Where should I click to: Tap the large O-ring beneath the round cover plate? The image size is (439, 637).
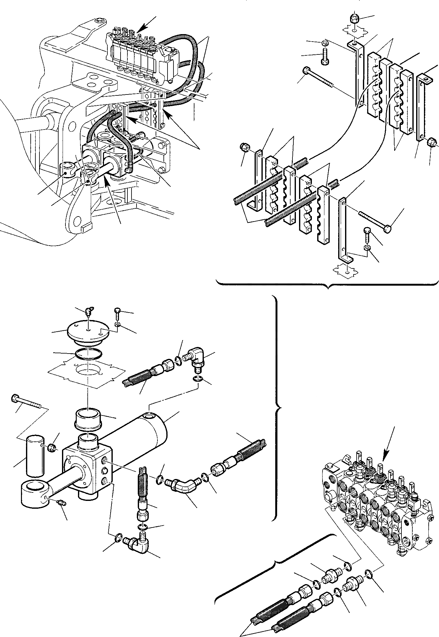(88, 354)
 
